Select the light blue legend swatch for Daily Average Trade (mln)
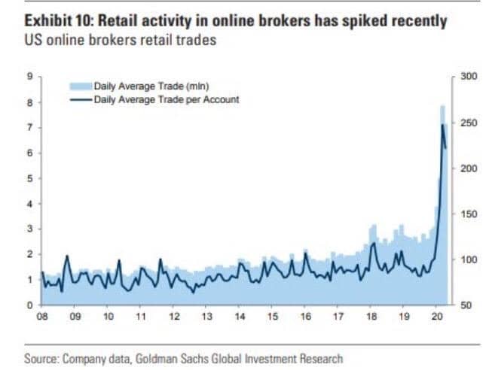(81, 86)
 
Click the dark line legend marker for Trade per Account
(81, 99)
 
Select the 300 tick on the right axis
(463, 77)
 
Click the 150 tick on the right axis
(463, 214)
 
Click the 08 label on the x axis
(42, 317)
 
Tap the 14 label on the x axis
(240, 317)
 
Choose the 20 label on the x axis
(437, 317)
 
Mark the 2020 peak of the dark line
(442, 125)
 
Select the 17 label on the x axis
(338, 317)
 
